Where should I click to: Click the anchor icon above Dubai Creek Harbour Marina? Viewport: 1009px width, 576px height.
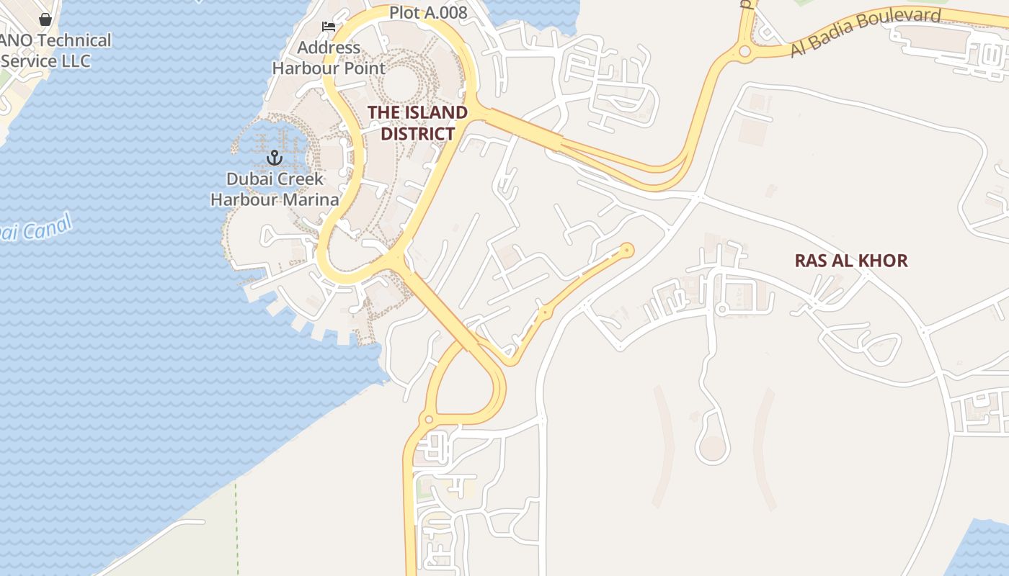point(274,157)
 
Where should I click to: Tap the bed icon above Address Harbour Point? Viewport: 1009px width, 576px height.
point(329,27)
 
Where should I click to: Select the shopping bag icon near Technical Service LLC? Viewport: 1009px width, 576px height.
point(45,19)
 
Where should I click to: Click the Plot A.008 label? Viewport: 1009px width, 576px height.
point(428,12)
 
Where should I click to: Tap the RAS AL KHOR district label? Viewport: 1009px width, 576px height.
point(850,261)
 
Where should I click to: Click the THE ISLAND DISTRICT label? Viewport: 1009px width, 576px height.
point(417,123)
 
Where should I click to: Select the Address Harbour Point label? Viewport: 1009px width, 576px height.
point(329,58)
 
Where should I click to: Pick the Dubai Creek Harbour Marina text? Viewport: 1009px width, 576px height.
point(275,189)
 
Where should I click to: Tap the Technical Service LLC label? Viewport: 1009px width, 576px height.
point(55,50)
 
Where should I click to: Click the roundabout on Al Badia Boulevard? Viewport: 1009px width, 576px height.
point(744,52)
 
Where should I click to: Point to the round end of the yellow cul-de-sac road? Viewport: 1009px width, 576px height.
point(627,251)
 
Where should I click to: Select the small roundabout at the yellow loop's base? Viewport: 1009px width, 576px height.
point(429,420)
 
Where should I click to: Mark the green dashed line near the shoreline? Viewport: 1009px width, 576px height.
point(236,526)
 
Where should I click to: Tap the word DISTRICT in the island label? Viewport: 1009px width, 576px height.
point(417,134)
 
